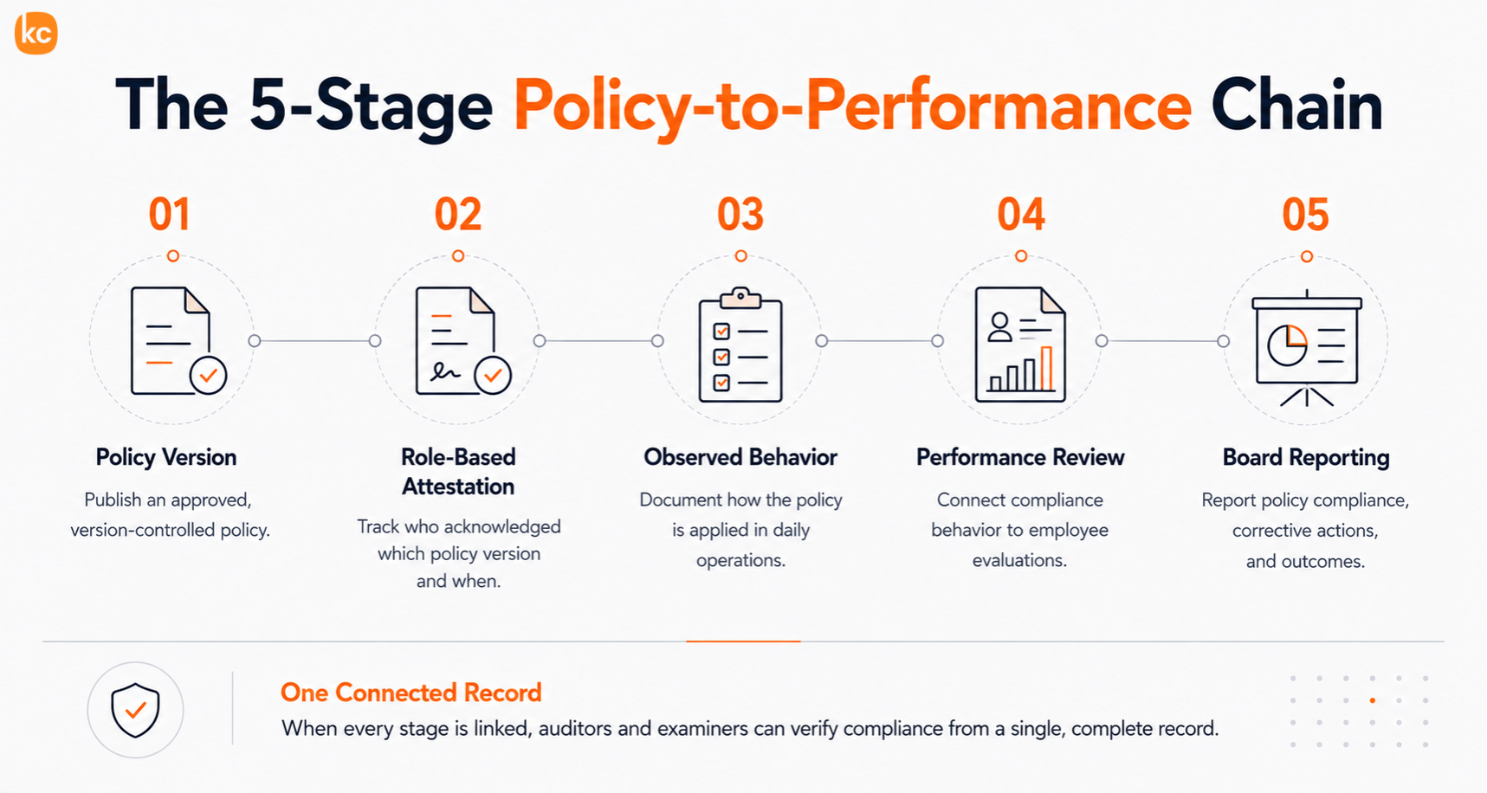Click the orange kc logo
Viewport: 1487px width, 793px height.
(x=36, y=34)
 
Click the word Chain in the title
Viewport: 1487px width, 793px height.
(x=1296, y=106)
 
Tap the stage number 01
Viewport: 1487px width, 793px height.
(x=170, y=215)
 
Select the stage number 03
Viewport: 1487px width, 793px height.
(x=740, y=215)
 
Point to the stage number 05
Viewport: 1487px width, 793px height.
(x=1306, y=215)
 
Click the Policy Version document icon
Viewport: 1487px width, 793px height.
(x=178, y=340)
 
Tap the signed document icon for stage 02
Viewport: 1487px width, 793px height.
(x=462, y=340)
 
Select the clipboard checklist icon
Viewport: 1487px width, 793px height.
(x=740, y=345)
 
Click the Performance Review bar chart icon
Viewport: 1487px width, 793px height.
(x=1020, y=345)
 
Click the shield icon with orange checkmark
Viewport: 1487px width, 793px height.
(x=135, y=710)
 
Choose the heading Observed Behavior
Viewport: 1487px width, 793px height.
(x=740, y=457)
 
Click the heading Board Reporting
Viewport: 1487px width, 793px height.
(x=1306, y=458)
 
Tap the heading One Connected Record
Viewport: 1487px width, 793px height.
(x=411, y=693)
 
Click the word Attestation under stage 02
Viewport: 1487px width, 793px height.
(x=458, y=487)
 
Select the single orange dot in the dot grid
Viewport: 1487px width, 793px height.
(x=1373, y=700)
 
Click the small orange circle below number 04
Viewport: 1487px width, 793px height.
(x=1021, y=256)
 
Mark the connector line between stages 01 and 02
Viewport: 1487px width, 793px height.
(x=314, y=341)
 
